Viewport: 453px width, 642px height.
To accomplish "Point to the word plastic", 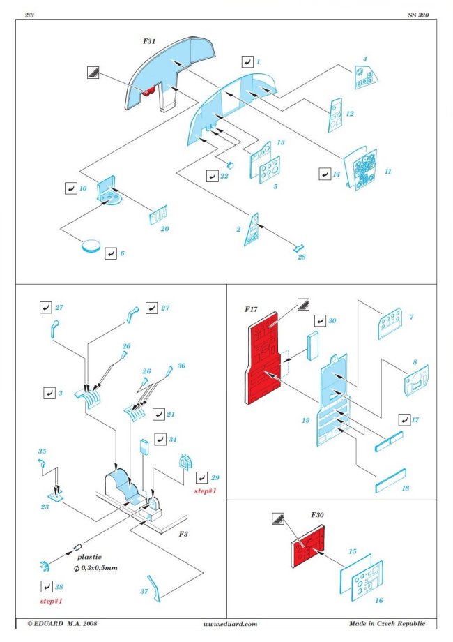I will (89, 557).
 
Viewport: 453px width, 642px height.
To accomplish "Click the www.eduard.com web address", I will (231, 623).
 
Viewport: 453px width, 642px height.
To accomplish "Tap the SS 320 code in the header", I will (417, 15).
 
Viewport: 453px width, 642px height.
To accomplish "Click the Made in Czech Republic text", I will (387, 623).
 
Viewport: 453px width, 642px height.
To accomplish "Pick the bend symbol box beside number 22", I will (213, 176).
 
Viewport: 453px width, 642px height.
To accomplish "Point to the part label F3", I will (183, 534).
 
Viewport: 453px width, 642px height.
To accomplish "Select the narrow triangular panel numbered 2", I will (253, 230).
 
